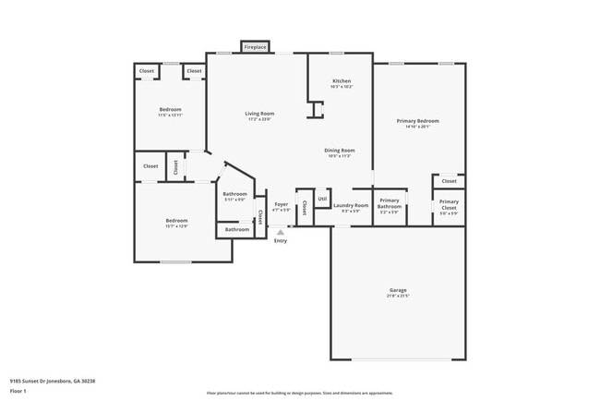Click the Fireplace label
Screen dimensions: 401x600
255,47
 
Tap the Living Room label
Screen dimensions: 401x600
259,114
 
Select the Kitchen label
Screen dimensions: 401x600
342,81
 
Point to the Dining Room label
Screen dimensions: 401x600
340,150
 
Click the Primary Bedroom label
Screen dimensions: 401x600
417,121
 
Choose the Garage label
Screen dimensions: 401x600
397,291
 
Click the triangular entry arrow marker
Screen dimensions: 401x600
281,232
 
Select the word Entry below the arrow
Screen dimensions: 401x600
281,241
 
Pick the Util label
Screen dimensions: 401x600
322,198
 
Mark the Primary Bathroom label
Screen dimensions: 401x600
390,203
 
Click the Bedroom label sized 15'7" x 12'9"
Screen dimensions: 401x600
176,220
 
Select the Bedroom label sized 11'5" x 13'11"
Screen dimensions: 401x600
171,110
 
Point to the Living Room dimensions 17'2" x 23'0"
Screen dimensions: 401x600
259,120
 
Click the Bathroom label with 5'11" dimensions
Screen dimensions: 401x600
234,194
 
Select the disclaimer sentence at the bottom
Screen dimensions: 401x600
300,393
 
